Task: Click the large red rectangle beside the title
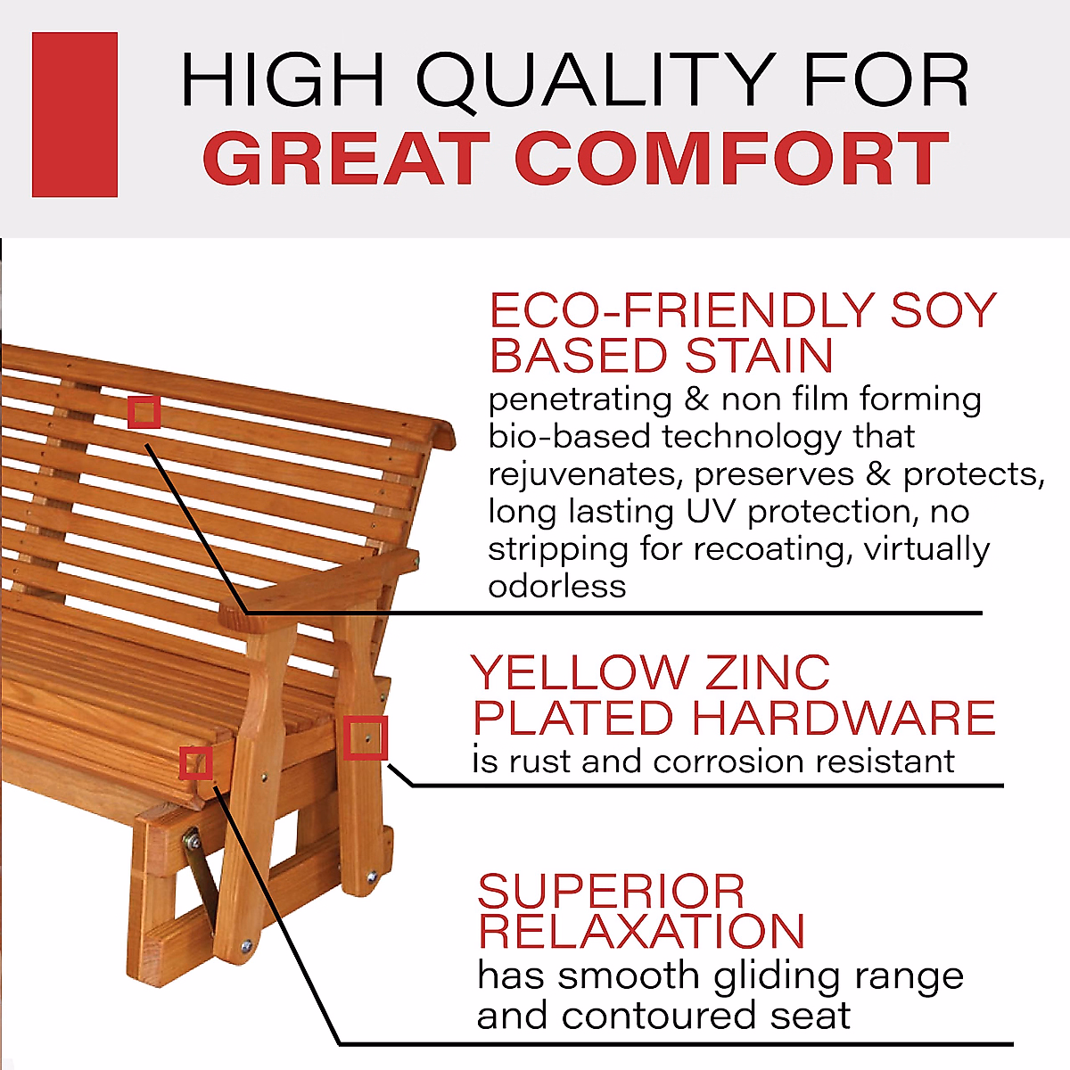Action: tap(75, 114)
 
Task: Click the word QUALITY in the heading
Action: tap(595, 81)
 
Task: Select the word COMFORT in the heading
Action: tap(732, 160)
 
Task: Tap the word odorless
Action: tap(556, 587)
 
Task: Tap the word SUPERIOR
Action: tap(611, 892)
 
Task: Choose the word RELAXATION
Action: tap(641, 932)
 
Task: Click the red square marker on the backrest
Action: tap(144, 412)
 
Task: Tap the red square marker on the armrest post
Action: tap(366, 738)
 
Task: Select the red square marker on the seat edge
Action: tap(196, 763)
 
